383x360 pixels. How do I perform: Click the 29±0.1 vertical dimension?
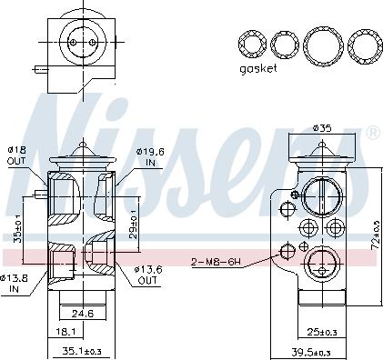pos(133,222)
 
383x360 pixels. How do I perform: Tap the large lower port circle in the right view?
pos(319,267)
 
